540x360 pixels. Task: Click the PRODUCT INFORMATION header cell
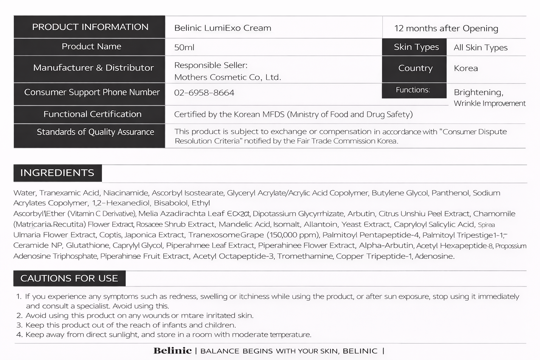point(90,27)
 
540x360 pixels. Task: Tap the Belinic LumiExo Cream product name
point(223,28)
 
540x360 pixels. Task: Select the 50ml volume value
point(184,47)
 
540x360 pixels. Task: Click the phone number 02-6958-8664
point(204,93)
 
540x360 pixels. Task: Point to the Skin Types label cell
point(416,47)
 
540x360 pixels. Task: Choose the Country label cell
point(415,68)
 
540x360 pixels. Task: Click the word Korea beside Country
point(466,68)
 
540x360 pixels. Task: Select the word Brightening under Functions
point(478,92)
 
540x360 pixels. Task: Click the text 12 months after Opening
point(446,28)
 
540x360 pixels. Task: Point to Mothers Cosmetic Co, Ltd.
point(227,77)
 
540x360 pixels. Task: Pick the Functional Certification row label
point(92,114)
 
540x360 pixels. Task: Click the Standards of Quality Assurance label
point(95,132)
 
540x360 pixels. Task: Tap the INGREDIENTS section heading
point(57,173)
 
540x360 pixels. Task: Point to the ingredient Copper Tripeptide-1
point(374,256)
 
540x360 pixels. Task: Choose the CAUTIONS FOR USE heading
point(69,278)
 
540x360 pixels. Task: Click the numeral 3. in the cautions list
point(19,325)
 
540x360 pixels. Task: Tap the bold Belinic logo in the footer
point(173,351)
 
